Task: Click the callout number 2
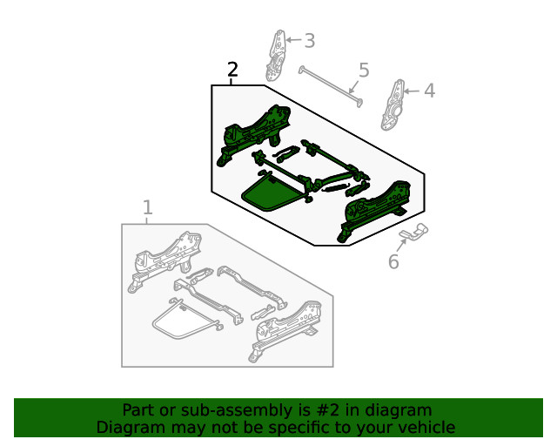tap(232, 71)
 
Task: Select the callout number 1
tap(147, 207)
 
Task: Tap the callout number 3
tap(309, 40)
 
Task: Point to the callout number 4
tap(429, 91)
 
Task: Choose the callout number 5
tap(364, 70)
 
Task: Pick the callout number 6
tap(393, 261)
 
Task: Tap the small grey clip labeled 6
tap(414, 231)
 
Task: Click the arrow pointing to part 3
tap(292, 40)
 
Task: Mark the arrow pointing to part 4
tap(413, 91)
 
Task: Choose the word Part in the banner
tap(138, 409)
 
